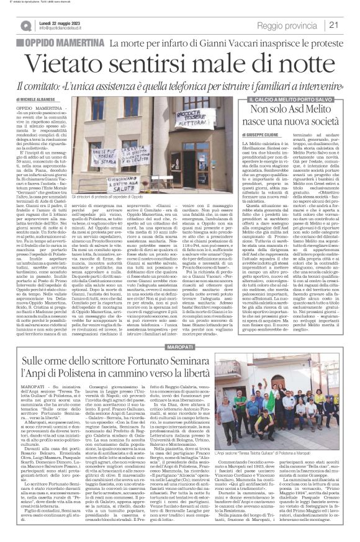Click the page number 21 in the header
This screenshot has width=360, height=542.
349,25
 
